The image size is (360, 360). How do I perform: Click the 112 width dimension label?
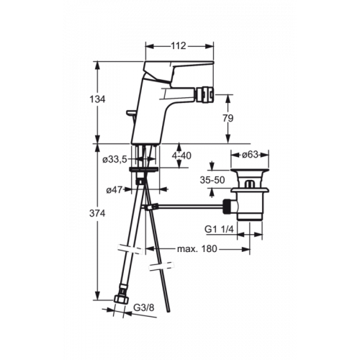pyautogui.click(x=179, y=45)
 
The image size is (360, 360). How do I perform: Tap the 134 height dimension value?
pyautogui.click(x=97, y=99)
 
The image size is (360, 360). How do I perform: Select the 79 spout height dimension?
pyautogui.click(x=228, y=118)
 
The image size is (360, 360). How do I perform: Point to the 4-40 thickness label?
pyautogui.click(x=181, y=156)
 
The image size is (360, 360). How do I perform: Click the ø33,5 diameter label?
pyautogui.click(x=114, y=160)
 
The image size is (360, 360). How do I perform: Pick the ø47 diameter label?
pyautogui.click(x=114, y=190)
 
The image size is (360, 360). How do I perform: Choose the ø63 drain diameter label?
pyautogui.click(x=250, y=155)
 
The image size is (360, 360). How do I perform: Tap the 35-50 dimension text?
pyautogui.click(x=212, y=180)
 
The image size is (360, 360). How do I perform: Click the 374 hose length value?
pyautogui.click(x=97, y=213)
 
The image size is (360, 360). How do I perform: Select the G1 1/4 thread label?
pyautogui.click(x=219, y=229)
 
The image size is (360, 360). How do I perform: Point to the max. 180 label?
pyautogui.click(x=197, y=249)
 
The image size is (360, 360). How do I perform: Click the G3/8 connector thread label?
pyautogui.click(x=143, y=307)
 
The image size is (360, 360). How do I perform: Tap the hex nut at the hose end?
pyautogui.click(x=121, y=300)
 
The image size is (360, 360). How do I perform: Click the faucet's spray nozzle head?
pyautogui.click(x=203, y=94)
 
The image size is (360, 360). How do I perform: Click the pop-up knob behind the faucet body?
pyautogui.click(x=132, y=113)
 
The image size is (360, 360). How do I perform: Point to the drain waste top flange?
pyautogui.click(x=250, y=171)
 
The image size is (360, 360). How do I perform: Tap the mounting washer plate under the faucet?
pyautogui.click(x=143, y=170)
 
